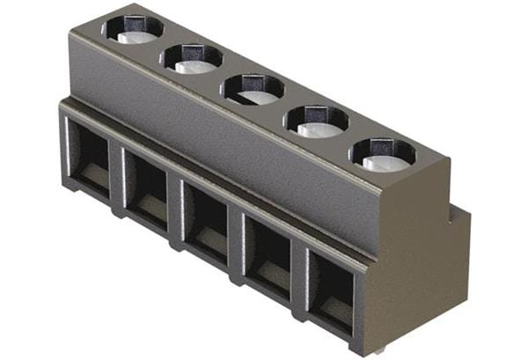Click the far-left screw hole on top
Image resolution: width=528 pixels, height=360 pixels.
pyautogui.click(x=133, y=28)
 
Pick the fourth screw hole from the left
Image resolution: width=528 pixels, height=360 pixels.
pyautogui.click(x=316, y=121)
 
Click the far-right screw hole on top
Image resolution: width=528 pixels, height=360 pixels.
pyautogui.click(x=383, y=153)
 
